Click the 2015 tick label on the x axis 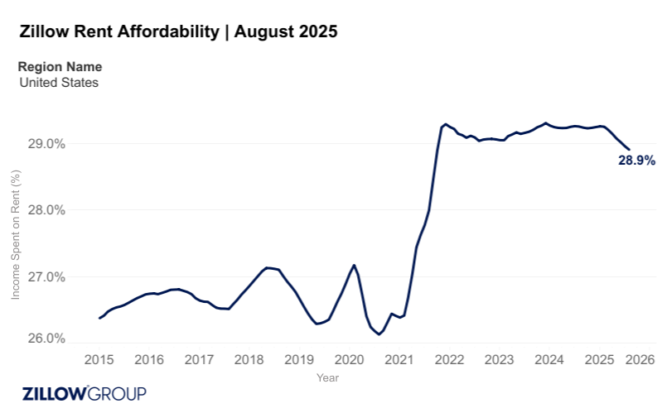(99, 360)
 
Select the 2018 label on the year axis (249, 360)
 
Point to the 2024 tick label (549, 360)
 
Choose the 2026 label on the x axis (640, 360)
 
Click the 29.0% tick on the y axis (47, 144)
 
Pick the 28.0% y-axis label (47, 210)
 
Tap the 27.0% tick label (47, 276)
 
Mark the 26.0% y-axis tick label (47, 339)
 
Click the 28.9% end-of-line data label (636, 161)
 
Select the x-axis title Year (326, 377)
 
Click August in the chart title (264, 32)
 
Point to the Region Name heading (60, 67)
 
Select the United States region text (58, 82)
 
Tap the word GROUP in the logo (118, 393)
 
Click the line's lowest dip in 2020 (379, 334)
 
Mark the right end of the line (629, 150)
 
